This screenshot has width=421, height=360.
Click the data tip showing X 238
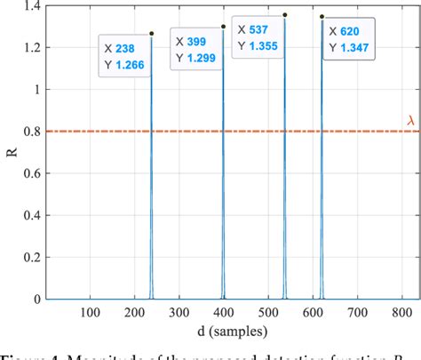(123, 56)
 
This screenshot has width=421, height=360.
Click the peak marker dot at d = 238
(152, 34)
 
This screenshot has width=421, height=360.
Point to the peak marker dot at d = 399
(224, 27)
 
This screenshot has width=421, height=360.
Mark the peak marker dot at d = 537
(285, 14)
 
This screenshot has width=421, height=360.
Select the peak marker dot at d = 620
(322, 16)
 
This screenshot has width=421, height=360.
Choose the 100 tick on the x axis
(90, 311)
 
